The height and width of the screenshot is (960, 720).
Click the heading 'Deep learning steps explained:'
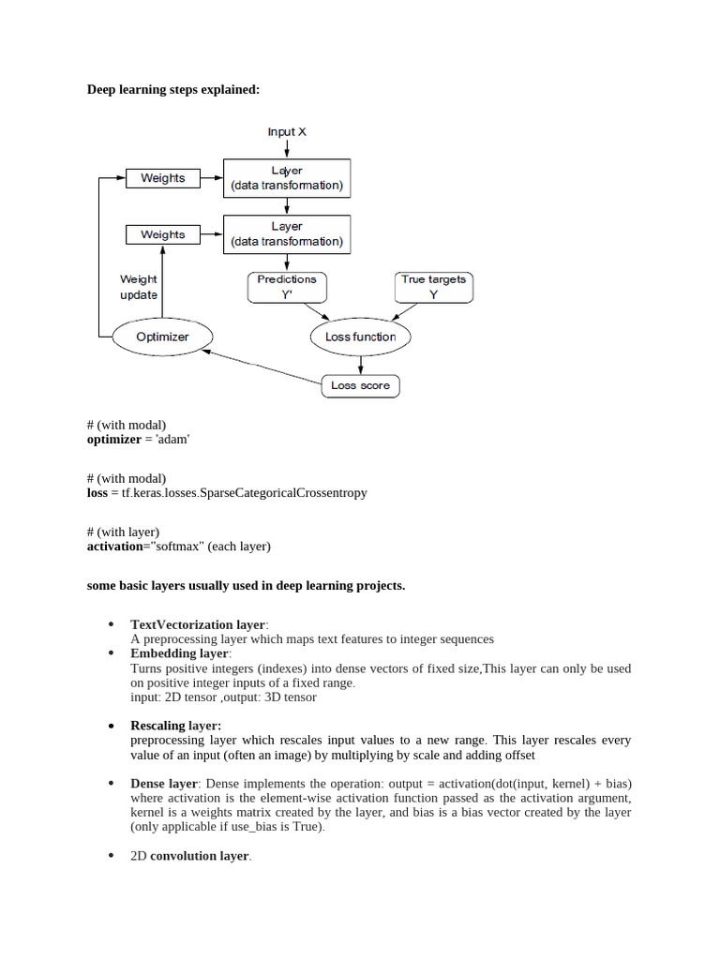(x=173, y=90)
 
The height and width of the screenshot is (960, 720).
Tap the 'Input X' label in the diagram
(x=287, y=132)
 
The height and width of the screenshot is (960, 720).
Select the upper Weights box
(x=162, y=178)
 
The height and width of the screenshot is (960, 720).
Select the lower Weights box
(x=162, y=234)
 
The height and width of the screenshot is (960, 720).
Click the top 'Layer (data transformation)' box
(x=286, y=178)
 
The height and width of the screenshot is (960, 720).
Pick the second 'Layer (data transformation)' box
(x=286, y=234)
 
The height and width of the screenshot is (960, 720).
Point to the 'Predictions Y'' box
(x=286, y=287)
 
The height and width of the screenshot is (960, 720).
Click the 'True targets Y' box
(x=433, y=287)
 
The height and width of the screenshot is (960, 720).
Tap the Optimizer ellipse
(x=163, y=337)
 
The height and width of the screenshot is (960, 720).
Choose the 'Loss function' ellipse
(x=360, y=337)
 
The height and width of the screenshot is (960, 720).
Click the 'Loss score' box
(x=361, y=385)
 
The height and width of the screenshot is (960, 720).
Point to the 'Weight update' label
(x=139, y=287)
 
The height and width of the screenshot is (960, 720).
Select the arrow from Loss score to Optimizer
(x=262, y=366)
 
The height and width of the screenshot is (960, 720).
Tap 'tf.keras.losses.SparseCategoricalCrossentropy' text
(x=239, y=492)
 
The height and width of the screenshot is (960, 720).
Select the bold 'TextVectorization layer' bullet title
(x=198, y=624)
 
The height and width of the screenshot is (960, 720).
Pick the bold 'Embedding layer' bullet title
(x=179, y=652)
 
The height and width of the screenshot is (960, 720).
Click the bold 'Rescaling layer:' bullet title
(x=176, y=726)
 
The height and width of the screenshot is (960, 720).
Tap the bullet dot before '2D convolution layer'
(x=111, y=855)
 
